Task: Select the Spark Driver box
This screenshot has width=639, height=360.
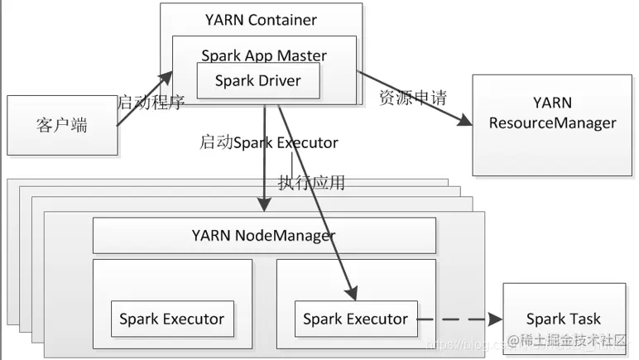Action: pyautogui.click(x=257, y=81)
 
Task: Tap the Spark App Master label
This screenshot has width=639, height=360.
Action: pyautogui.click(x=264, y=56)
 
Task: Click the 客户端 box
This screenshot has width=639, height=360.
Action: pyautogui.click(x=61, y=125)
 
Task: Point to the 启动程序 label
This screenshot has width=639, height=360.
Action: pyautogui.click(x=150, y=103)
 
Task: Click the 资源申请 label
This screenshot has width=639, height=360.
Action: pyautogui.click(x=412, y=98)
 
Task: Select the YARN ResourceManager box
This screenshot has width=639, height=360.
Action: pyautogui.click(x=552, y=124)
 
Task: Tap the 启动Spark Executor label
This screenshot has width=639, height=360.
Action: pyautogui.click(x=268, y=142)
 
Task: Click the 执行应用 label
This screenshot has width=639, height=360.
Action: pyautogui.click(x=311, y=183)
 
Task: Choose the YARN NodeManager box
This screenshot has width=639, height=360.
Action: pyautogui.click(x=264, y=236)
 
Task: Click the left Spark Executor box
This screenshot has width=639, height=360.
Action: pyautogui.click(x=171, y=319)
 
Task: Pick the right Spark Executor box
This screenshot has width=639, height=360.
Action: pyautogui.click(x=355, y=319)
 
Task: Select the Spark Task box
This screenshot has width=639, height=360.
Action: pyautogui.click(x=563, y=319)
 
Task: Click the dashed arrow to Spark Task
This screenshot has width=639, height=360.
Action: pyautogui.click(x=459, y=319)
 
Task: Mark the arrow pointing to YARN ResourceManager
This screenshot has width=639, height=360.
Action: pyautogui.click(x=409, y=100)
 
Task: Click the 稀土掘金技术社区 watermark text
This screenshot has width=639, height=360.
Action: pyautogui.click(x=573, y=341)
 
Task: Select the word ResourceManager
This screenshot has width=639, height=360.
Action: pyautogui.click(x=552, y=124)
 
